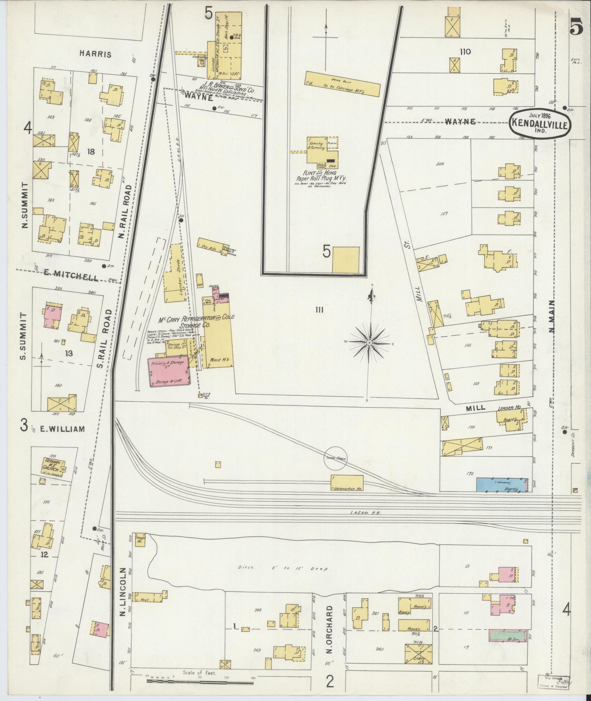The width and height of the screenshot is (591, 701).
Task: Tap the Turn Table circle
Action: (x=335, y=458)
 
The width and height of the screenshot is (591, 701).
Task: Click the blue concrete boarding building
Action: (x=501, y=484)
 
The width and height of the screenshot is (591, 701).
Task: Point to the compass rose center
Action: (x=369, y=343)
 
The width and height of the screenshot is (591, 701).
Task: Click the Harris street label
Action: (x=95, y=54)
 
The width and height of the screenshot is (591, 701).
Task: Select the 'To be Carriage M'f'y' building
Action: (x=342, y=84)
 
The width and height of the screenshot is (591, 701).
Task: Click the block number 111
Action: (x=319, y=310)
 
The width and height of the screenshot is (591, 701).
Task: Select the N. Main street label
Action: (x=551, y=316)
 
